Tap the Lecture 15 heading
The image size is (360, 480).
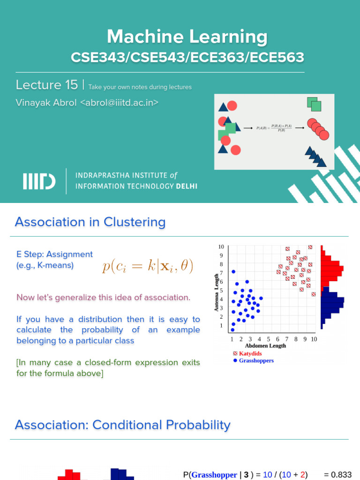click(46, 85)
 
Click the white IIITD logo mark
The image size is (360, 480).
click(39, 181)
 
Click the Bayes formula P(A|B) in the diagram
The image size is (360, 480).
click(274, 127)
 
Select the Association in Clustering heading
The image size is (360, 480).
click(90, 222)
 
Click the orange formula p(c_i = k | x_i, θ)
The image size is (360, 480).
click(148, 267)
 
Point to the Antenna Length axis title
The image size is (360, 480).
click(217, 292)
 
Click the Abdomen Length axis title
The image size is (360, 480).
click(265, 346)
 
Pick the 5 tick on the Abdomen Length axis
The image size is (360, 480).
click(268, 339)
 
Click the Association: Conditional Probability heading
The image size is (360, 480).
click(123, 425)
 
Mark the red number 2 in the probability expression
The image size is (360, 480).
click(303, 474)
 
